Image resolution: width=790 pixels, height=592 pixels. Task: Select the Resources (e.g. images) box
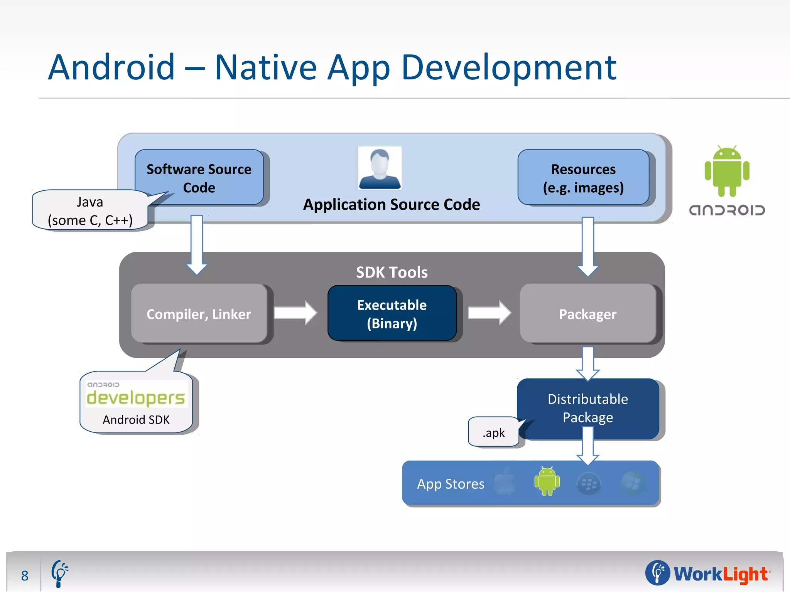(583, 178)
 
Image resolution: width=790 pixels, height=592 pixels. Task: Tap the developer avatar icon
(380, 168)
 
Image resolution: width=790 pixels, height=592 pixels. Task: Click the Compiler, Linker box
(199, 314)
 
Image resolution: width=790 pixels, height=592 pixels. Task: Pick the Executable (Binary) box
(392, 314)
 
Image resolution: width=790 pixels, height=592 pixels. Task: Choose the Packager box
(587, 314)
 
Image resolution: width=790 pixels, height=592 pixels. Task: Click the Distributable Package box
(587, 409)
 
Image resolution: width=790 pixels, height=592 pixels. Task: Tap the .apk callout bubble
(493, 432)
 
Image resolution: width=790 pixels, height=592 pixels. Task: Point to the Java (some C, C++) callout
(90, 210)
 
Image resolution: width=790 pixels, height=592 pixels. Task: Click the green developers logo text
(136, 398)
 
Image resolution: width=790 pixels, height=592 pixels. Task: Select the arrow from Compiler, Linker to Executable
(295, 313)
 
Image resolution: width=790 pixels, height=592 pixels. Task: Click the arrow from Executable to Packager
(489, 313)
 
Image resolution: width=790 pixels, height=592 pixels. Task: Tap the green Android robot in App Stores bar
(547, 482)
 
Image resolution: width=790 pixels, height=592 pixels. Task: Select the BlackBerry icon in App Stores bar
(589, 484)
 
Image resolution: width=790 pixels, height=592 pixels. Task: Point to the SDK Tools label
(392, 272)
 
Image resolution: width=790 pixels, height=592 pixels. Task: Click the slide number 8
(25, 575)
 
